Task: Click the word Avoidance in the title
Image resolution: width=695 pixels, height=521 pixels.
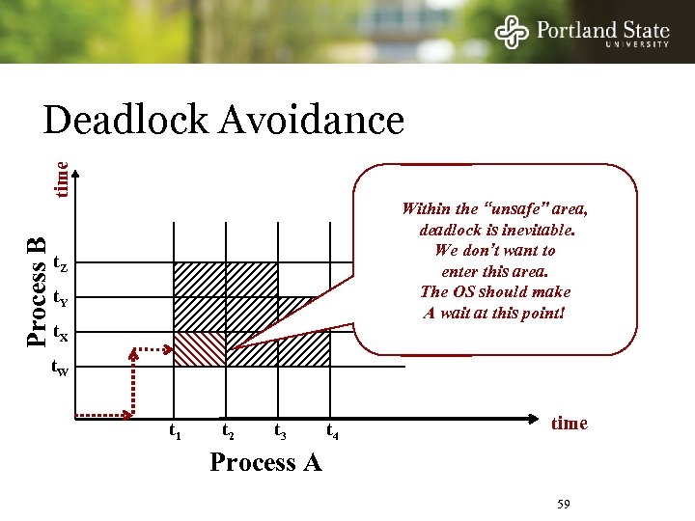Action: click(x=311, y=122)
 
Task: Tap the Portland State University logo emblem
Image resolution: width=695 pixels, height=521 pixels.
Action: click(x=512, y=32)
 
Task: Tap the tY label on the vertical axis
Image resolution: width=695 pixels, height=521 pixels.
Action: click(x=59, y=297)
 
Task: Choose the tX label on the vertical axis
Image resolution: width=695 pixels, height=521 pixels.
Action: click(x=59, y=334)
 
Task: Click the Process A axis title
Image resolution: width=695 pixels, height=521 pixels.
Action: click(x=265, y=462)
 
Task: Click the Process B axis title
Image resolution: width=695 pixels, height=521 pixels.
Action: click(x=36, y=290)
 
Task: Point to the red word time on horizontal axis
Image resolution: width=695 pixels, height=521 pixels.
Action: click(x=569, y=424)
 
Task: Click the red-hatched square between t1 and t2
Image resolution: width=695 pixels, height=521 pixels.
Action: click(x=199, y=349)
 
